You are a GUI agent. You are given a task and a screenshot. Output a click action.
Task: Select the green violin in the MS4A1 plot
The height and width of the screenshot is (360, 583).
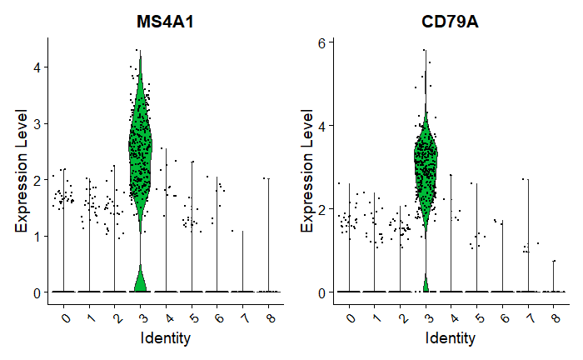pyautogui.click(x=140, y=150)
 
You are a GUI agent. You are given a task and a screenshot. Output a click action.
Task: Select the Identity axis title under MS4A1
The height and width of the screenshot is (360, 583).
pyautogui.click(x=165, y=338)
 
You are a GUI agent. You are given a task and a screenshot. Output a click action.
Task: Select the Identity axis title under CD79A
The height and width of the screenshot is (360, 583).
pyautogui.click(x=450, y=338)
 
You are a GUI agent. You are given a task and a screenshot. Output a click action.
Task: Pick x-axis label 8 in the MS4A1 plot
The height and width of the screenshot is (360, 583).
pyautogui.click(x=267, y=317)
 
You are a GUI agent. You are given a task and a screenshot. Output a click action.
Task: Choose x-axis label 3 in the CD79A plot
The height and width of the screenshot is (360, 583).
pyautogui.click(x=426, y=317)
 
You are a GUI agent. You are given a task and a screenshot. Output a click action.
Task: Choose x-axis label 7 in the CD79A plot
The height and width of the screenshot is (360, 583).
pyautogui.click(x=528, y=317)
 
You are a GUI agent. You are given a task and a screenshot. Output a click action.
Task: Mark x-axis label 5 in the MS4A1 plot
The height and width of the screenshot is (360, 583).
pyautogui.click(x=191, y=317)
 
